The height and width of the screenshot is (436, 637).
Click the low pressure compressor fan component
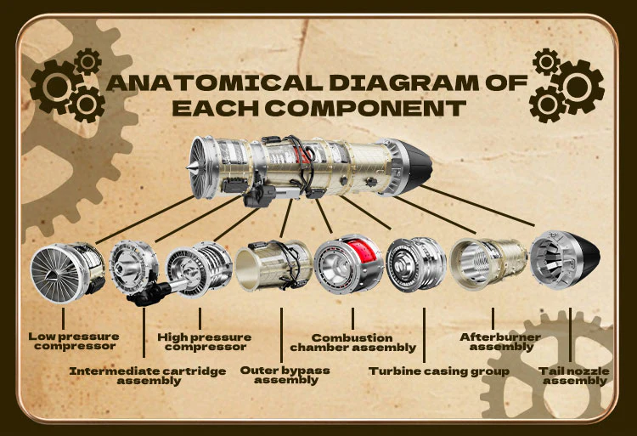pyautogui.click(x=67, y=273)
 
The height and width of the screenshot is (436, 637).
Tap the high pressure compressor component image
pyautogui.click(x=199, y=269)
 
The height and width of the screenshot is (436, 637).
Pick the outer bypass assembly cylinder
pyautogui.click(x=273, y=265)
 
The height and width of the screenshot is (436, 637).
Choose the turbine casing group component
pyautogui.click(x=415, y=263)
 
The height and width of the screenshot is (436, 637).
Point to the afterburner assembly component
pyautogui.click(x=488, y=263)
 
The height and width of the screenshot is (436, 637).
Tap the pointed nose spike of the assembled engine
pyautogui.click(x=189, y=167)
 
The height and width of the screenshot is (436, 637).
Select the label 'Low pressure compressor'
pyautogui.click(x=74, y=342)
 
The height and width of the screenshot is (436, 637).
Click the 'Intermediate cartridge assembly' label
pyautogui.click(x=148, y=376)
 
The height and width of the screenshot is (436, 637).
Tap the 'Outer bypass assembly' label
pyautogui.click(x=285, y=375)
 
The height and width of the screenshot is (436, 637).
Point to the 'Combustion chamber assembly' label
pyautogui.click(x=353, y=343)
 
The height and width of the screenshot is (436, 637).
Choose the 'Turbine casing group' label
pyautogui.click(x=439, y=371)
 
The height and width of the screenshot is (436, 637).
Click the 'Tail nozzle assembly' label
pyautogui.click(x=574, y=376)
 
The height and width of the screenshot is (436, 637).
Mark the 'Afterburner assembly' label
pyautogui.click(x=500, y=342)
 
